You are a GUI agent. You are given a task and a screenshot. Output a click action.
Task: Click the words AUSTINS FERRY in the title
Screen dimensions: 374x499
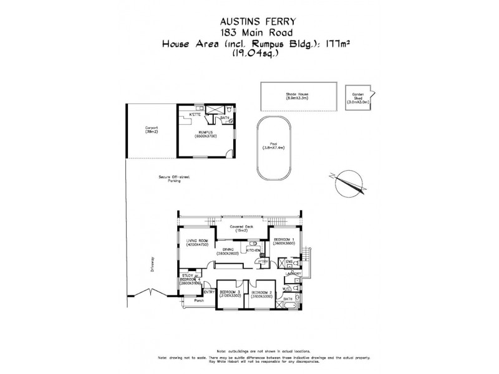pos(249,19)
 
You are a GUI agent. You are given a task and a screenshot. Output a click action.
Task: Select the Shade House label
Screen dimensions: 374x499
pos(298,95)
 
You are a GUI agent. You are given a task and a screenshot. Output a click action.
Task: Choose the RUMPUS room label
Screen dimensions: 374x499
pos(205,134)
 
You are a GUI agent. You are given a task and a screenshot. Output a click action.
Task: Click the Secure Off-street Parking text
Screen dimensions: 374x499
pos(174,180)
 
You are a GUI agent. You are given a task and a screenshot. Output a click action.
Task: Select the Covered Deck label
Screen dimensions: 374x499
pos(240,228)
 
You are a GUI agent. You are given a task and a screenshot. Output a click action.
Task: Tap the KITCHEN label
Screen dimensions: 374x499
pos(254,250)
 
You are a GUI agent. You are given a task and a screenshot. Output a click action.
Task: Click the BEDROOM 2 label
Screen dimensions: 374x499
pos(261,294)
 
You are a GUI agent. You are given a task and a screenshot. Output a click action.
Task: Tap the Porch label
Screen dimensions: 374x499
pos(199,301)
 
